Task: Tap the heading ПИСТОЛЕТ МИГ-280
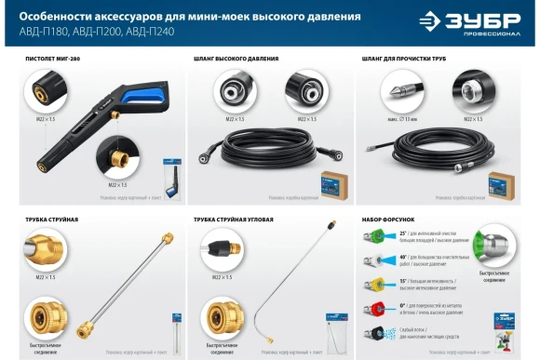pos(56,59)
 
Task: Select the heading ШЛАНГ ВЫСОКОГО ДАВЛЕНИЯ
pos(236,59)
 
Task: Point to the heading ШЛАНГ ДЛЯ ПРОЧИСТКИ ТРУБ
pos(407,59)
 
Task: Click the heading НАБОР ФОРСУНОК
pos(385,220)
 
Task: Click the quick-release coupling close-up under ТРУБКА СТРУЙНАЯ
pos(47,316)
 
